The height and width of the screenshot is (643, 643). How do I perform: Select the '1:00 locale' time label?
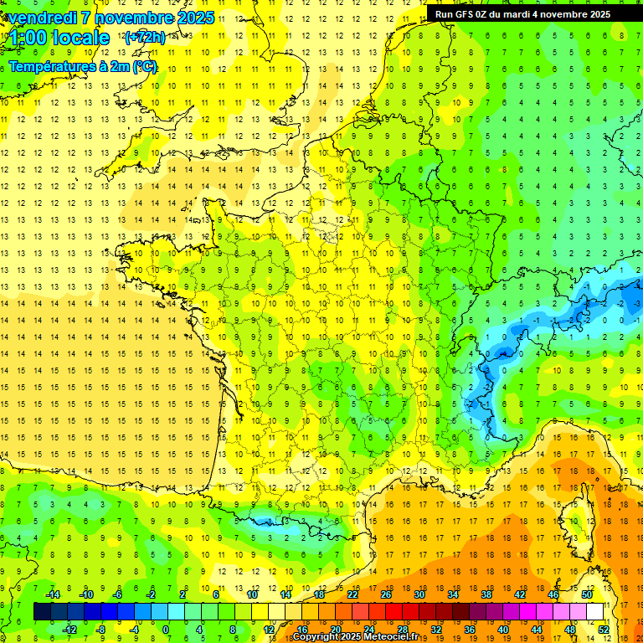point(59,38)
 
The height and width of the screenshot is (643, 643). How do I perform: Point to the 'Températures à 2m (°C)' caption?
point(83,67)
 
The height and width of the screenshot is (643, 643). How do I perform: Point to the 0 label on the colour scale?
point(166,629)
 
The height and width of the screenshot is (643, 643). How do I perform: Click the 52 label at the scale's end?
point(603,629)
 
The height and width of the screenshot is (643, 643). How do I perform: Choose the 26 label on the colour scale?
point(386,594)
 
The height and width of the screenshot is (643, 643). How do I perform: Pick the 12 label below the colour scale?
point(269,629)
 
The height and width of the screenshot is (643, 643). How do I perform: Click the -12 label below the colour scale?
point(70,629)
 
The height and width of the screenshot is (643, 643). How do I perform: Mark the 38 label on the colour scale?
point(486,594)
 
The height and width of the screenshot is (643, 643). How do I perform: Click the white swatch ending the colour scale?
point(594,611)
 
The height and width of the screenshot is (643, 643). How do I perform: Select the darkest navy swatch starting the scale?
point(42,611)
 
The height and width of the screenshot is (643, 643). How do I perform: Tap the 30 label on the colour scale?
point(419,594)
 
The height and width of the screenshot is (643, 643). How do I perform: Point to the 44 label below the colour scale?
point(536,629)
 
